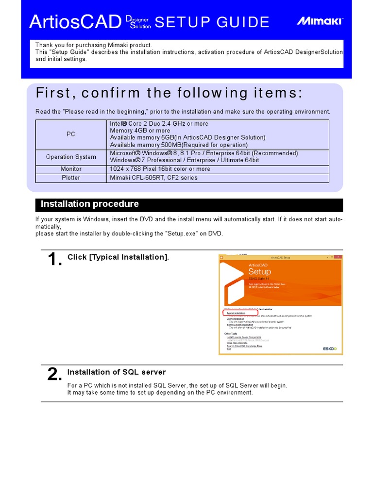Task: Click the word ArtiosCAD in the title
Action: (x=75, y=22)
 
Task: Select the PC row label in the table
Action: (x=71, y=134)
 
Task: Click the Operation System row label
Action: (x=71, y=157)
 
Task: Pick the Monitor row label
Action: (x=71, y=169)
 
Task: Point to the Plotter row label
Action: (x=71, y=178)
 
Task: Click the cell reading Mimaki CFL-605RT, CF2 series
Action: (x=154, y=178)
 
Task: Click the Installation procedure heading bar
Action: (x=189, y=204)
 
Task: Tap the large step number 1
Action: (x=55, y=261)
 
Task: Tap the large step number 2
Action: (x=54, y=375)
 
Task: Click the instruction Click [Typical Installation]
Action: (x=118, y=257)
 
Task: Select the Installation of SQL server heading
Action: (x=117, y=372)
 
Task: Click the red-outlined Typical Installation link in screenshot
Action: (x=237, y=314)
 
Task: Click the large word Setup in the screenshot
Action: (x=259, y=272)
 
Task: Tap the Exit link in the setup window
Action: (x=228, y=348)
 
